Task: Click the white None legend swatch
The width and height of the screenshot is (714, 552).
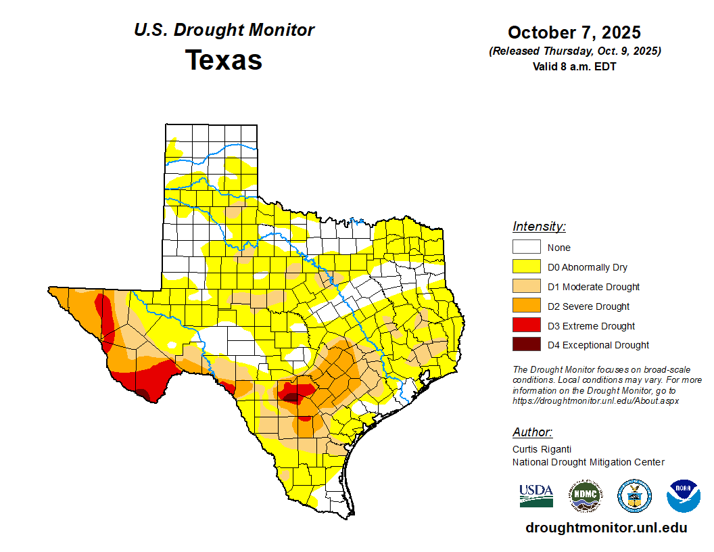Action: click(526, 247)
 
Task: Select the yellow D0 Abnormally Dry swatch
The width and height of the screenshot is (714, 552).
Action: click(526, 267)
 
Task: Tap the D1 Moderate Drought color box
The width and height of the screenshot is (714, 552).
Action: click(526, 286)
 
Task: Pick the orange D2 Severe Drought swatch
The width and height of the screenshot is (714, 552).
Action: click(526, 306)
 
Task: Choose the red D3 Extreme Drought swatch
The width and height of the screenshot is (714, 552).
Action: click(526, 325)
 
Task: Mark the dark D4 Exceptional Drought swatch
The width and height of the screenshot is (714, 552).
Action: click(526, 344)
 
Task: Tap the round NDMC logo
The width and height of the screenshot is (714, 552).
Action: click(585, 496)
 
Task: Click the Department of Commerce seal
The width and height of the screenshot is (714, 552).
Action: click(634, 496)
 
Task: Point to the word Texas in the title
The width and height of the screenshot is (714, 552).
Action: click(224, 60)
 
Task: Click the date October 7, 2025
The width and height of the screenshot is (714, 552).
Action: click(574, 32)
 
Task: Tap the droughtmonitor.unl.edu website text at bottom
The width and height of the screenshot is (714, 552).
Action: click(606, 528)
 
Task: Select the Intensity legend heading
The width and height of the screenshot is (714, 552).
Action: click(539, 227)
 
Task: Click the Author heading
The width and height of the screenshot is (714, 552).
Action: click(532, 432)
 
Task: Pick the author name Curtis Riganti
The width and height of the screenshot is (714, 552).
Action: click(542, 448)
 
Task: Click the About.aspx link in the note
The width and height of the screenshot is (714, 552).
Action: click(596, 400)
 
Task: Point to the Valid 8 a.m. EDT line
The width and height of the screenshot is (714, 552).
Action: click(574, 66)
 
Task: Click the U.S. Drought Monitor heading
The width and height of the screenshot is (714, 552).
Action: click(224, 30)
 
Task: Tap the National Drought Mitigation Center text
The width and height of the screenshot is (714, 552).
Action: click(588, 462)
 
